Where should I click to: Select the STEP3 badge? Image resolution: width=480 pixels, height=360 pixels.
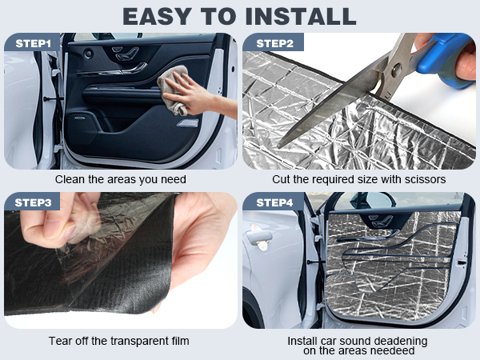pyautogui.click(x=33, y=202)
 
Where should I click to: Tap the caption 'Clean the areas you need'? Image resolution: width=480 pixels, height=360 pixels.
pyautogui.click(x=120, y=180)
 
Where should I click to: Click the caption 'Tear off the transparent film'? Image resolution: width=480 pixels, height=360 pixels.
pyautogui.click(x=120, y=341)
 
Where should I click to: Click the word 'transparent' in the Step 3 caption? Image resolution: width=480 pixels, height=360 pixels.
pyautogui.click(x=137, y=341)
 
